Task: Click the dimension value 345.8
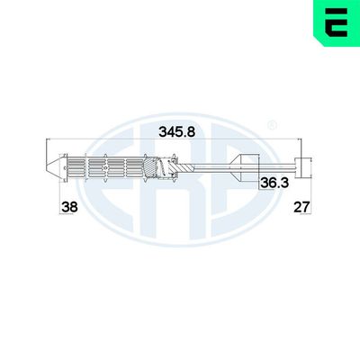tap(176, 131)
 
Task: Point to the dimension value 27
tap(302, 207)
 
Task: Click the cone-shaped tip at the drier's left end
tap(52, 166)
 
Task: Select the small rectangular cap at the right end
tap(304, 166)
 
